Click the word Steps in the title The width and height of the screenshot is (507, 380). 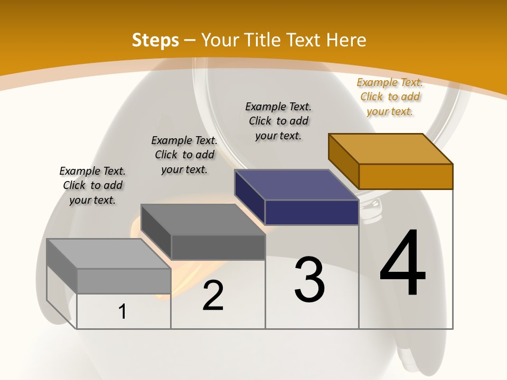pos(155,40)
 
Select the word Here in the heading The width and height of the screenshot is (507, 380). pos(346,40)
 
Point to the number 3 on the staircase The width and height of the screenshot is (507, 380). pos(309,280)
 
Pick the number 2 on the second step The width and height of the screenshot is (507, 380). pos(213,296)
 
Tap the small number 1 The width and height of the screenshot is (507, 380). pos(123,311)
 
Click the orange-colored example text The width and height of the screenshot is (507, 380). pos(390,97)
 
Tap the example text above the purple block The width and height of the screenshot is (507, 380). pos(278,121)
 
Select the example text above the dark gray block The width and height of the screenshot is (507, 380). pos(184,155)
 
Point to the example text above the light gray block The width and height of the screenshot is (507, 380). pos(92,185)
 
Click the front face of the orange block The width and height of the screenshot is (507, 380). pos(406,176)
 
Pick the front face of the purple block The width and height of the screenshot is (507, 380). pos(312,212)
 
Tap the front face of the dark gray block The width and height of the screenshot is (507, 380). pos(218,247)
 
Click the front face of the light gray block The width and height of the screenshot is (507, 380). pos(124,281)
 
